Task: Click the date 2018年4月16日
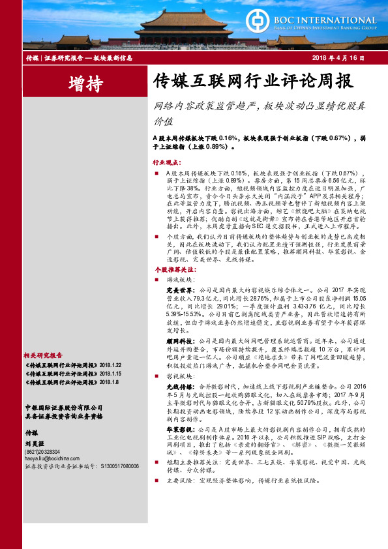pos(344,58)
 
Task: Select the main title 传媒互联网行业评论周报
pos(243,82)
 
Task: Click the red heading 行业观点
pos(166,160)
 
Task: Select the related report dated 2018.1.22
pos(61,366)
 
